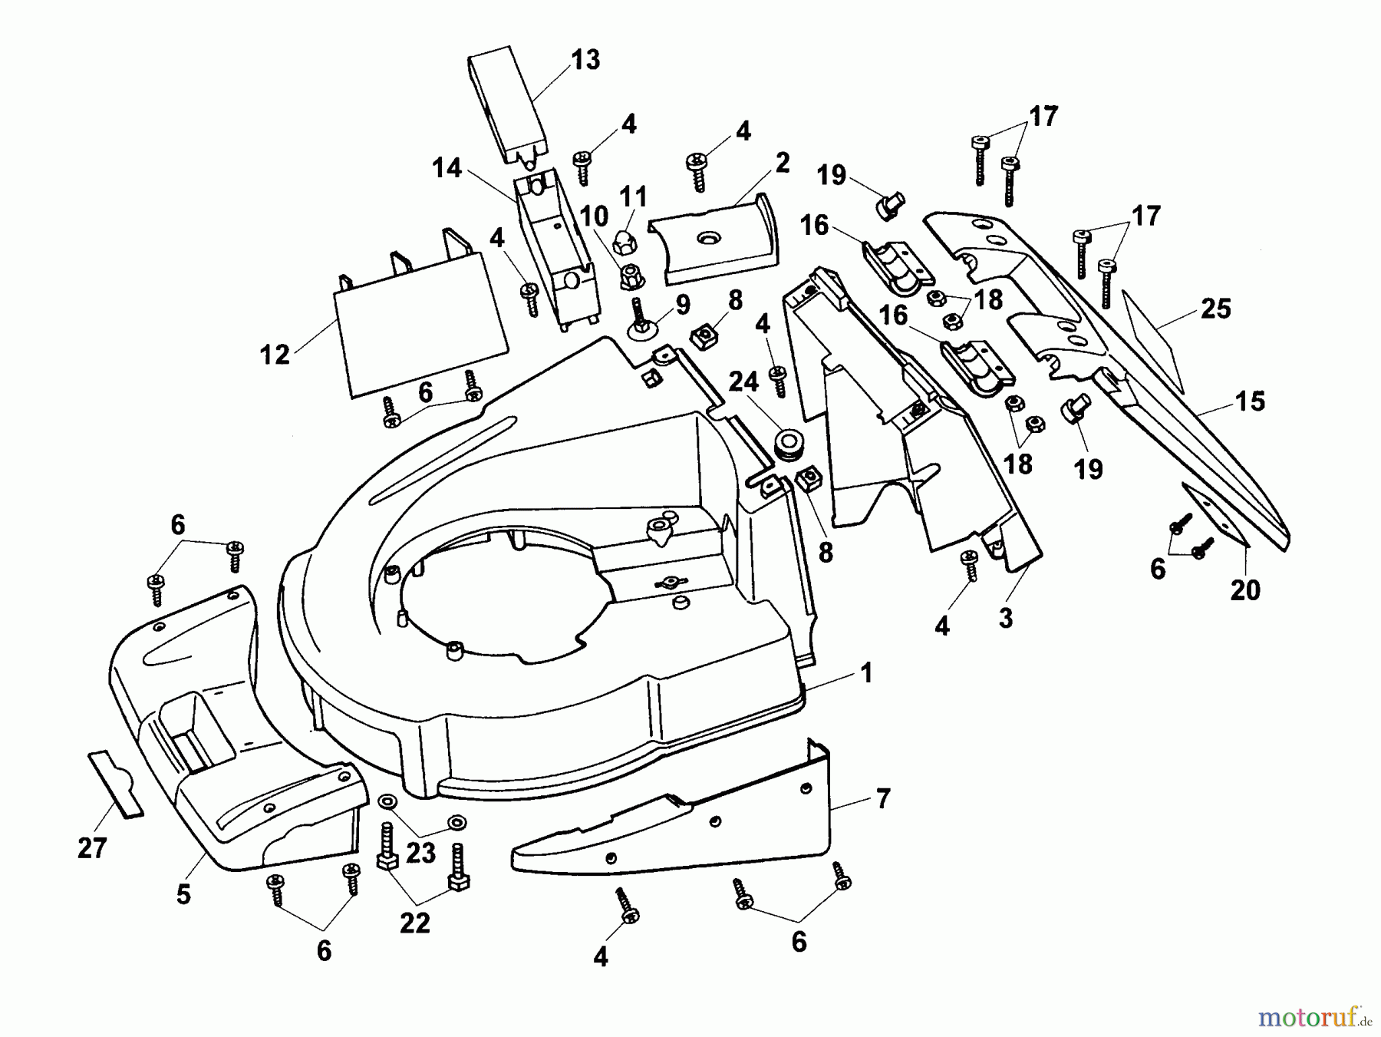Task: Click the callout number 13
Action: tap(585, 60)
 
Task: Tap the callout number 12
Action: tap(275, 355)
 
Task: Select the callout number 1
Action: tap(866, 673)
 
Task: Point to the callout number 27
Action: tap(92, 848)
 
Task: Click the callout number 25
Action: tap(1215, 309)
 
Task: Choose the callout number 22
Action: tap(415, 923)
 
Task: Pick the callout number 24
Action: tap(743, 381)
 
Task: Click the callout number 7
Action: tap(883, 799)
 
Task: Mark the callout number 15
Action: tap(1250, 401)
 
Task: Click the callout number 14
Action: tap(447, 167)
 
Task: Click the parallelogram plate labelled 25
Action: tap(1152, 339)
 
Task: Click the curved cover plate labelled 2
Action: tap(714, 242)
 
